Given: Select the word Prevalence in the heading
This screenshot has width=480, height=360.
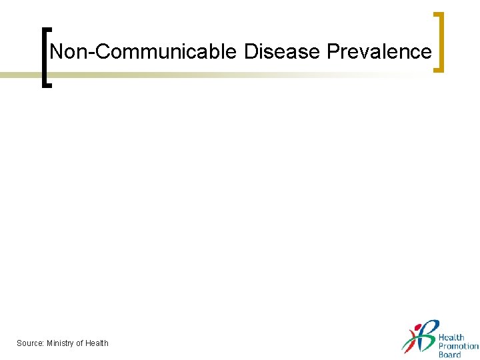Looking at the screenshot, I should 379,51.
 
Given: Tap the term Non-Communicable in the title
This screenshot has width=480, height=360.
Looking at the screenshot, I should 144,51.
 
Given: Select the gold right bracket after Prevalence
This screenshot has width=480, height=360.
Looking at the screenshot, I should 439,41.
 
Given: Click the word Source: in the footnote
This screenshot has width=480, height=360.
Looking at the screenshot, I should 30,343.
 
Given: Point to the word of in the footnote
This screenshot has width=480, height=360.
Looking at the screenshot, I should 80,343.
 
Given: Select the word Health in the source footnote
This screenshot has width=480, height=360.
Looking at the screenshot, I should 97,343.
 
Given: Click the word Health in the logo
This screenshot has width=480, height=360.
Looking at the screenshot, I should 451,338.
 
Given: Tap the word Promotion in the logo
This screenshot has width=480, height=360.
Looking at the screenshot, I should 459,346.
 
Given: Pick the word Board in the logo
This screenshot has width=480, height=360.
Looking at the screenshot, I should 449,354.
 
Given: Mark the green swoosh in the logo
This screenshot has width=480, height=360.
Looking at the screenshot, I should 409,344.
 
